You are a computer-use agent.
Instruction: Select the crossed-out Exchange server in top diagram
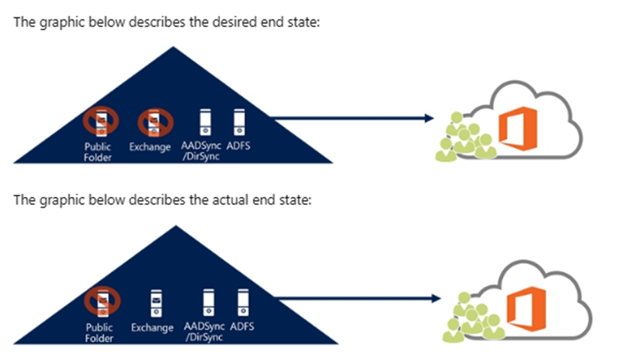coord(154,122)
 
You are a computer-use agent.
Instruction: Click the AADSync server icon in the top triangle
coord(204,121)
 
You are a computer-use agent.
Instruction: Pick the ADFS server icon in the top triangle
coord(238,121)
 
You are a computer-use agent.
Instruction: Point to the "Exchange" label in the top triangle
coord(150,147)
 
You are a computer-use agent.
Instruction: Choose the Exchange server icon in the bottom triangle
coord(156,302)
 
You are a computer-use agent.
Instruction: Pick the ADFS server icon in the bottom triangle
coord(242,301)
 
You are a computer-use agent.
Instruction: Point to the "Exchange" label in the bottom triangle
coord(152,328)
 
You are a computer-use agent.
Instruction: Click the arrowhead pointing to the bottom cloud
coord(434,298)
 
